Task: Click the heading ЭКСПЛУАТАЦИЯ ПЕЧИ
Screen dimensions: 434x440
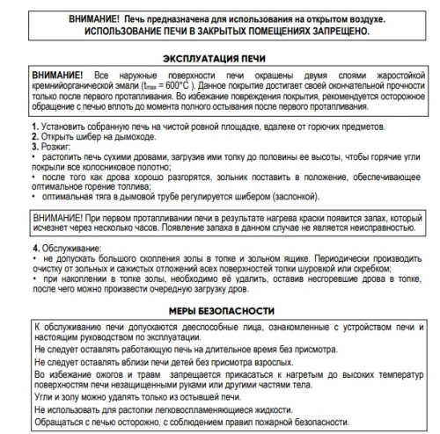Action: [x=219, y=59]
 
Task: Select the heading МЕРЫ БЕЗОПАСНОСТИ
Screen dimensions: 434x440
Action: [x=219, y=311]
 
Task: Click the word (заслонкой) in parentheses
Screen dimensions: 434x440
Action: [x=282, y=198]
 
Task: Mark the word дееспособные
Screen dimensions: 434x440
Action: [x=212, y=327]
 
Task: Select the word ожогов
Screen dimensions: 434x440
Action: [x=100, y=372]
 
